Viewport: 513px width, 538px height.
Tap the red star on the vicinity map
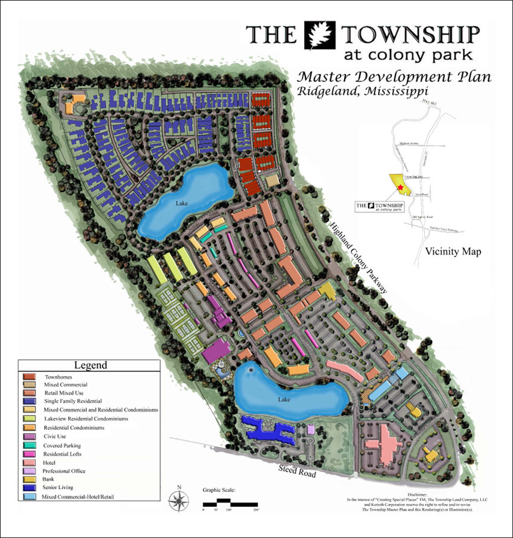[x=401, y=188]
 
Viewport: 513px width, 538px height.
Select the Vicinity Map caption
[x=453, y=251]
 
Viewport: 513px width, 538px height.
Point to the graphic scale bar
[x=229, y=503]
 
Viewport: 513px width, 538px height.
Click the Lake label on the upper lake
[x=181, y=203]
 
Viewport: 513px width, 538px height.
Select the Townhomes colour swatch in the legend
[x=29, y=377]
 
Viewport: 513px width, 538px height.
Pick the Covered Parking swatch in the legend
[x=29, y=445]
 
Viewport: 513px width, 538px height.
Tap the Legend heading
[x=90, y=365]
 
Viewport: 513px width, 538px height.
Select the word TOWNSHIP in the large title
[x=411, y=35]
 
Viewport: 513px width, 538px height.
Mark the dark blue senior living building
[x=268, y=430]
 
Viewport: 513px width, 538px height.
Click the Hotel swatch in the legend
[x=29, y=463]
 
